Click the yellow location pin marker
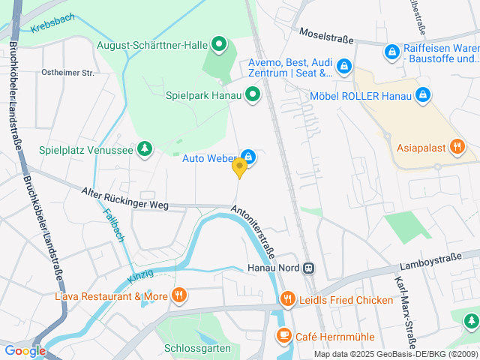pos(239,167)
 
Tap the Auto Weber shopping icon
pos(249,157)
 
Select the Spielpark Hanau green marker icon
pos(253,94)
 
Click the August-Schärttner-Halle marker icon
pos(219,45)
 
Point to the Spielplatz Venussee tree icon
pos(144,149)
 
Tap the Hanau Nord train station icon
pos(308,268)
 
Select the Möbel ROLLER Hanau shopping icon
pos(423,95)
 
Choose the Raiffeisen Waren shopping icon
pos(391,52)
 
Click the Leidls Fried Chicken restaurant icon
pos(288,300)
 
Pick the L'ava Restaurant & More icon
pos(178,295)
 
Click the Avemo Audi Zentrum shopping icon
pos(343,67)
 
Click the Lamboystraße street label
pos(430,264)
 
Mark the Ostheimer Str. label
pos(68,73)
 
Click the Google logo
pos(25,350)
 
